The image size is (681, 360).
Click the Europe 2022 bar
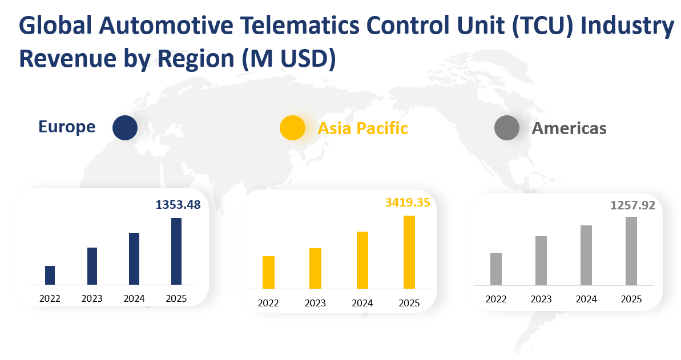(x=50, y=275)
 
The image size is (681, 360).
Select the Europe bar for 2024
(x=134, y=258)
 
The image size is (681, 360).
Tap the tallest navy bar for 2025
(x=176, y=251)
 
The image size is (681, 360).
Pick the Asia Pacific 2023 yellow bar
(x=315, y=268)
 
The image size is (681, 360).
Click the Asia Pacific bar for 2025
(x=409, y=252)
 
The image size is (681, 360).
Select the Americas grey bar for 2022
(x=496, y=269)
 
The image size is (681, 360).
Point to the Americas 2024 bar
(x=586, y=255)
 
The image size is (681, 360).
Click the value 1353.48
(x=178, y=204)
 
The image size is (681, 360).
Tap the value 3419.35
(x=408, y=203)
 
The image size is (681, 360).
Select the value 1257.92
(x=632, y=205)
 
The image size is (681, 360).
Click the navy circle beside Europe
(x=125, y=128)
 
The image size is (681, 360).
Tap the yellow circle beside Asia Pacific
(x=292, y=128)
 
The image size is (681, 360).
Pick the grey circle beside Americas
(x=506, y=128)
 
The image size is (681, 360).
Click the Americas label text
(x=569, y=128)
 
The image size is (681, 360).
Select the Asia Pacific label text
(x=363, y=128)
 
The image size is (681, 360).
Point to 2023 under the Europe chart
(x=92, y=298)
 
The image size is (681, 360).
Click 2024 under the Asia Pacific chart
(x=362, y=303)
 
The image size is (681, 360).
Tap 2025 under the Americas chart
(x=631, y=300)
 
